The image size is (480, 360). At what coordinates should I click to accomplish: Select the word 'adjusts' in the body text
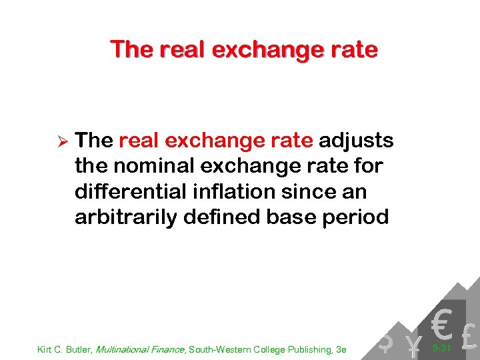click(356, 141)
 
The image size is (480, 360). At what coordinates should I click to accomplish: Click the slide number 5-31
click(441, 348)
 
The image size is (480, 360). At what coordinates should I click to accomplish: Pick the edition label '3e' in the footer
click(341, 348)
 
